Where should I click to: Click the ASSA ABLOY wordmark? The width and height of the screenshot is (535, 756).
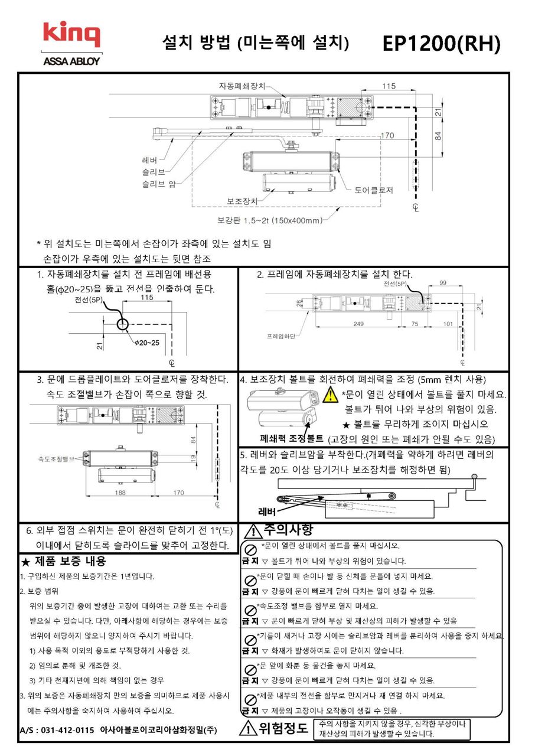[x=71, y=61]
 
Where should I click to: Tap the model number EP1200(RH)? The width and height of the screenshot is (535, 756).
[x=441, y=44]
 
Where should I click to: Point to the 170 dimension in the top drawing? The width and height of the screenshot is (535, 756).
[x=387, y=136]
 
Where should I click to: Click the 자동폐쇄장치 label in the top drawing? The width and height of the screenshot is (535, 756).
[x=243, y=85]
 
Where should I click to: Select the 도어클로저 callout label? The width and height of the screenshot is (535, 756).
[x=374, y=190]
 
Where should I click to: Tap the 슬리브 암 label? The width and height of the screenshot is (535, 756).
[x=159, y=184]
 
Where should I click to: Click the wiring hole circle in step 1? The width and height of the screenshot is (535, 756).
[x=122, y=324]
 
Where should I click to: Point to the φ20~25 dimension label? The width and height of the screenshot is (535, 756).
[x=146, y=343]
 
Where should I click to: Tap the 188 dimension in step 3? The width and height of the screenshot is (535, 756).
[x=120, y=492]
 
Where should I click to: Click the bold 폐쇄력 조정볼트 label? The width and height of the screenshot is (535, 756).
[x=291, y=439]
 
